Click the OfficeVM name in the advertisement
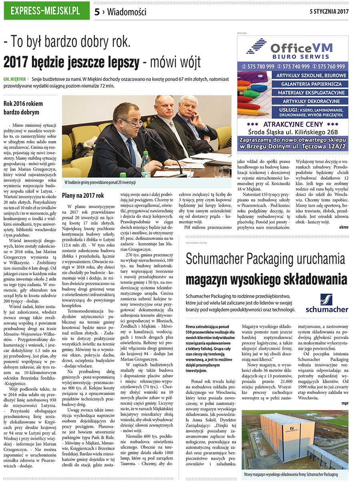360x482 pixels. [x=301, y=48]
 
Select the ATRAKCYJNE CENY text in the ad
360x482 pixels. [x=293, y=124]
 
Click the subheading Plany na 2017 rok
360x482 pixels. [x=83, y=196]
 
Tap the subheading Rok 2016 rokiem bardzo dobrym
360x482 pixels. [x=23, y=108]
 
